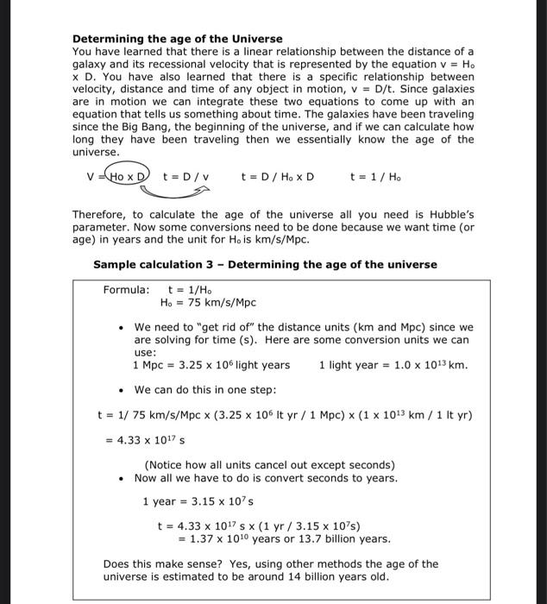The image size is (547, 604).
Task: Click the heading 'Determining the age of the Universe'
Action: pos(177,39)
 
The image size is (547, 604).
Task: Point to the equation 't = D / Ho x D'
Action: pos(277,178)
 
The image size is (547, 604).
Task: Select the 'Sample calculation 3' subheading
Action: pos(265,264)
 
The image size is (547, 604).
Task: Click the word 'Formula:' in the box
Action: pos(127,290)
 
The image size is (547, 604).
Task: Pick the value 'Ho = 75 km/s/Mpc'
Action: pos(208,303)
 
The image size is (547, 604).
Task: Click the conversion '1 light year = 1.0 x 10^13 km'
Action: pos(393,365)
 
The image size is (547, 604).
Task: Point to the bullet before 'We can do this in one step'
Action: pos(123,390)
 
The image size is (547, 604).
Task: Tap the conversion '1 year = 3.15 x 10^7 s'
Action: pos(198,501)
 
